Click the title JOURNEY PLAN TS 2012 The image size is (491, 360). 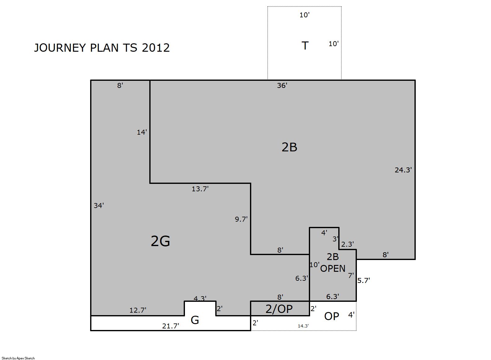102,48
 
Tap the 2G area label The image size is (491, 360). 160,241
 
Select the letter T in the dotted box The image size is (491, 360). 305,46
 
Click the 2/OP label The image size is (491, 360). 279,309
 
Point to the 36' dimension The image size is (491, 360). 282,85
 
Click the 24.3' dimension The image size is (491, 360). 403,170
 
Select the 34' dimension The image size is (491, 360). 99,206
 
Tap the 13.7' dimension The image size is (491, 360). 200,189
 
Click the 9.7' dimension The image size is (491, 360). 241,219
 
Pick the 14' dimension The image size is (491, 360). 142,132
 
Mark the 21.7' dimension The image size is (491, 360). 171,326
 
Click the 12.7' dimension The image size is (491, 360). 138,310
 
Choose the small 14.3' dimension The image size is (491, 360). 303,326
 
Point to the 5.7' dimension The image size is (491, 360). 364,280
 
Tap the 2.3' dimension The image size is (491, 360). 348,244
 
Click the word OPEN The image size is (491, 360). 333,269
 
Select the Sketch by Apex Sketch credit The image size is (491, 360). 18,358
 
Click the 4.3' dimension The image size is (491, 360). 200,298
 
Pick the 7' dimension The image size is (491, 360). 351,275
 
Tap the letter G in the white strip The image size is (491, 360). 195,320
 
